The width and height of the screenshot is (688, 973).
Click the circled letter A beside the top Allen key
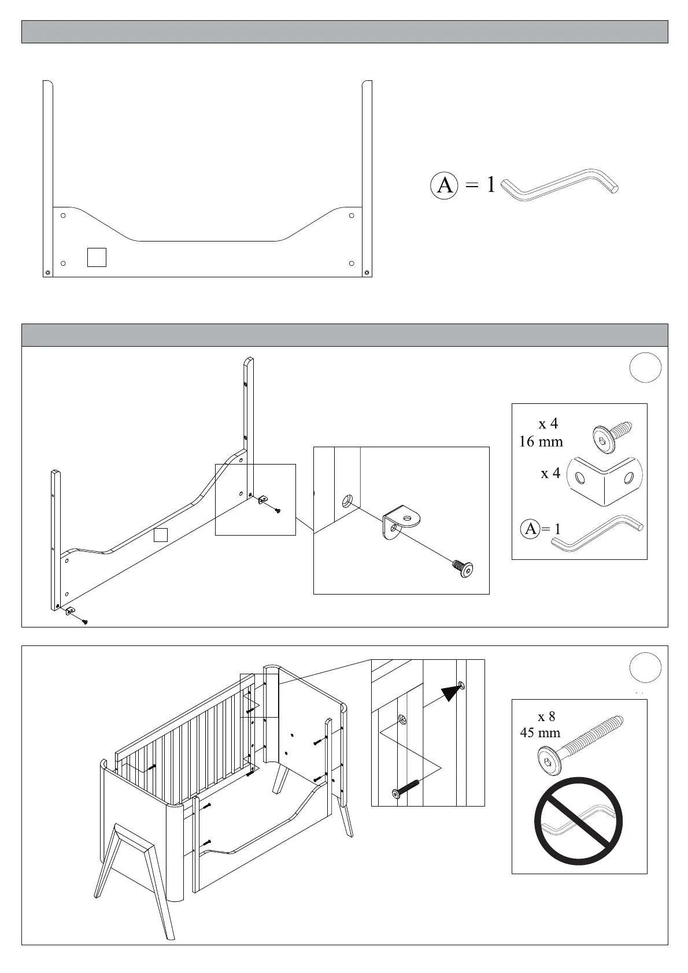[445, 185]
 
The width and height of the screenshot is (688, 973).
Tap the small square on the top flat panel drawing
[97, 257]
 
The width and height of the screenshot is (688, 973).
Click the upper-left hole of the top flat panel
[64, 216]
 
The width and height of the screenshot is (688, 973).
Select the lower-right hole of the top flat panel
[352, 263]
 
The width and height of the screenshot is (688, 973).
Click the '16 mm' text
[541, 442]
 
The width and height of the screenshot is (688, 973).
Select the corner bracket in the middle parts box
[605, 480]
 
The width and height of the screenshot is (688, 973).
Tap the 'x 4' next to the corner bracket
[550, 473]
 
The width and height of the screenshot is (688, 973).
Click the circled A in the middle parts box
[531, 528]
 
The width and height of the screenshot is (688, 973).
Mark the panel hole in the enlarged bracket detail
[347, 500]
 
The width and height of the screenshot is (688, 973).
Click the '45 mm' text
[540, 733]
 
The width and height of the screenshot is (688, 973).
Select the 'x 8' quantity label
[546, 716]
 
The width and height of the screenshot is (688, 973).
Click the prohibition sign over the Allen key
[579, 820]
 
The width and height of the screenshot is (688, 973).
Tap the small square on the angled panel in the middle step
[161, 535]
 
